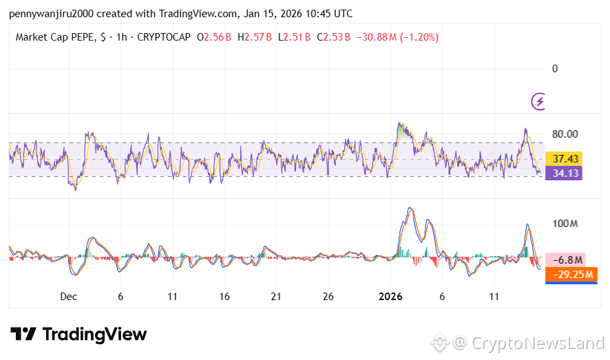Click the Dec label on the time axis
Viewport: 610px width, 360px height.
(68, 297)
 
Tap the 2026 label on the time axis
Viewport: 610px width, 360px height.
(391, 297)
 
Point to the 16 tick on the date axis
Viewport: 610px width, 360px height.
(224, 297)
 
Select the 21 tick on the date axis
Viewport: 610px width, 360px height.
(276, 297)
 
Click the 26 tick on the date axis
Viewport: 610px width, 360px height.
(328, 297)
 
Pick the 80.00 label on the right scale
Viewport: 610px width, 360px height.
(565, 134)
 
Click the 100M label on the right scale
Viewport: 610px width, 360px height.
(565, 224)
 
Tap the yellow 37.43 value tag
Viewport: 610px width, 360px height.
(564, 159)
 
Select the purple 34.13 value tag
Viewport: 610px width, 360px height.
(564, 173)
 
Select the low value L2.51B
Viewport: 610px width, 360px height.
(294, 37)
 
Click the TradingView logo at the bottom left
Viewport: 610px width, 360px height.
(78, 335)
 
